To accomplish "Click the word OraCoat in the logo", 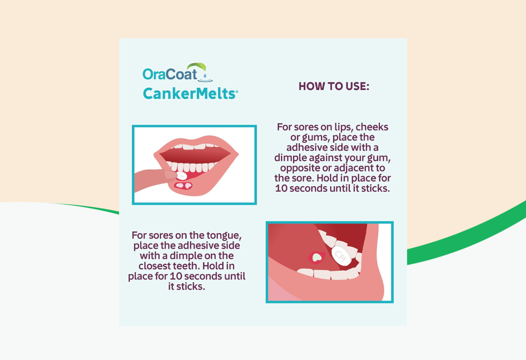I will [170, 74].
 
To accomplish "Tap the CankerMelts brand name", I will [189, 94].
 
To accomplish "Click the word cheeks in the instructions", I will [372, 127].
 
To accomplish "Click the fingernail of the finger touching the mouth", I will [169, 175].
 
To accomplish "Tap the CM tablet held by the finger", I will [181, 176].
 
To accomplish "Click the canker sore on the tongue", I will [316, 257].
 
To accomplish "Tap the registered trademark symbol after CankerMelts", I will [236, 91].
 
